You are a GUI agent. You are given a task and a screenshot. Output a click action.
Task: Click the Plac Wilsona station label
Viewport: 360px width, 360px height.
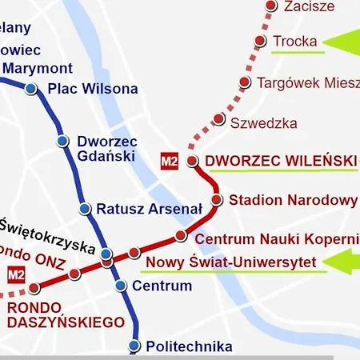point(93,88)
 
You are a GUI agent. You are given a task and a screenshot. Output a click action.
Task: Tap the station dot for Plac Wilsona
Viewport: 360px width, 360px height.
point(30,89)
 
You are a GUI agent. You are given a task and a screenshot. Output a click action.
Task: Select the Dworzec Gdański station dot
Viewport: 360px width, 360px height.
point(62,142)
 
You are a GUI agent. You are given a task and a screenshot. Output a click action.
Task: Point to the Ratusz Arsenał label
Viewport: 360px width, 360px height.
point(149,209)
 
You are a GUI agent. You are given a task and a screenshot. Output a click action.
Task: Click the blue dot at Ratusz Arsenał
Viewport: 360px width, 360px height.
point(85,209)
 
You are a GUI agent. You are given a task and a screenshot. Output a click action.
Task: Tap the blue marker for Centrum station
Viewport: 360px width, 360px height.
point(120,286)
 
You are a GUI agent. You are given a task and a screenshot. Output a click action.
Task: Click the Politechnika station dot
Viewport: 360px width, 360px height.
point(134,346)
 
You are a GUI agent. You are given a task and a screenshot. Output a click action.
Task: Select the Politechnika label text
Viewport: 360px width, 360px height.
point(190,346)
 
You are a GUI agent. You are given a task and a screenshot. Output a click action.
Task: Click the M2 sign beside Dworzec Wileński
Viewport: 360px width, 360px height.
point(170,161)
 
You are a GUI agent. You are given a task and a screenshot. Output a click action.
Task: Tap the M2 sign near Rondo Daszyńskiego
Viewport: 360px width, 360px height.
point(14,276)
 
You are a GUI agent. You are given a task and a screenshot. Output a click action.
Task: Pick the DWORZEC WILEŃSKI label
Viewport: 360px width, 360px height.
point(280,161)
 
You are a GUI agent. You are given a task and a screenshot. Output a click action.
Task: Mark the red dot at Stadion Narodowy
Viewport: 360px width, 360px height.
point(216,199)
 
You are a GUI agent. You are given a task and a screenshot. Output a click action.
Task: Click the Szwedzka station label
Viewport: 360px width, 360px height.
point(263,123)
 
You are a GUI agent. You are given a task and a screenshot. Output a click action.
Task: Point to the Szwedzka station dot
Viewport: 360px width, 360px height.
point(218,119)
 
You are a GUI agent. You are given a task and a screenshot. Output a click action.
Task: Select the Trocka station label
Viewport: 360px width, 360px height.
point(295,41)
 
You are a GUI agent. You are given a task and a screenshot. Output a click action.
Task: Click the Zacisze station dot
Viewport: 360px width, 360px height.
point(270,6)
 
